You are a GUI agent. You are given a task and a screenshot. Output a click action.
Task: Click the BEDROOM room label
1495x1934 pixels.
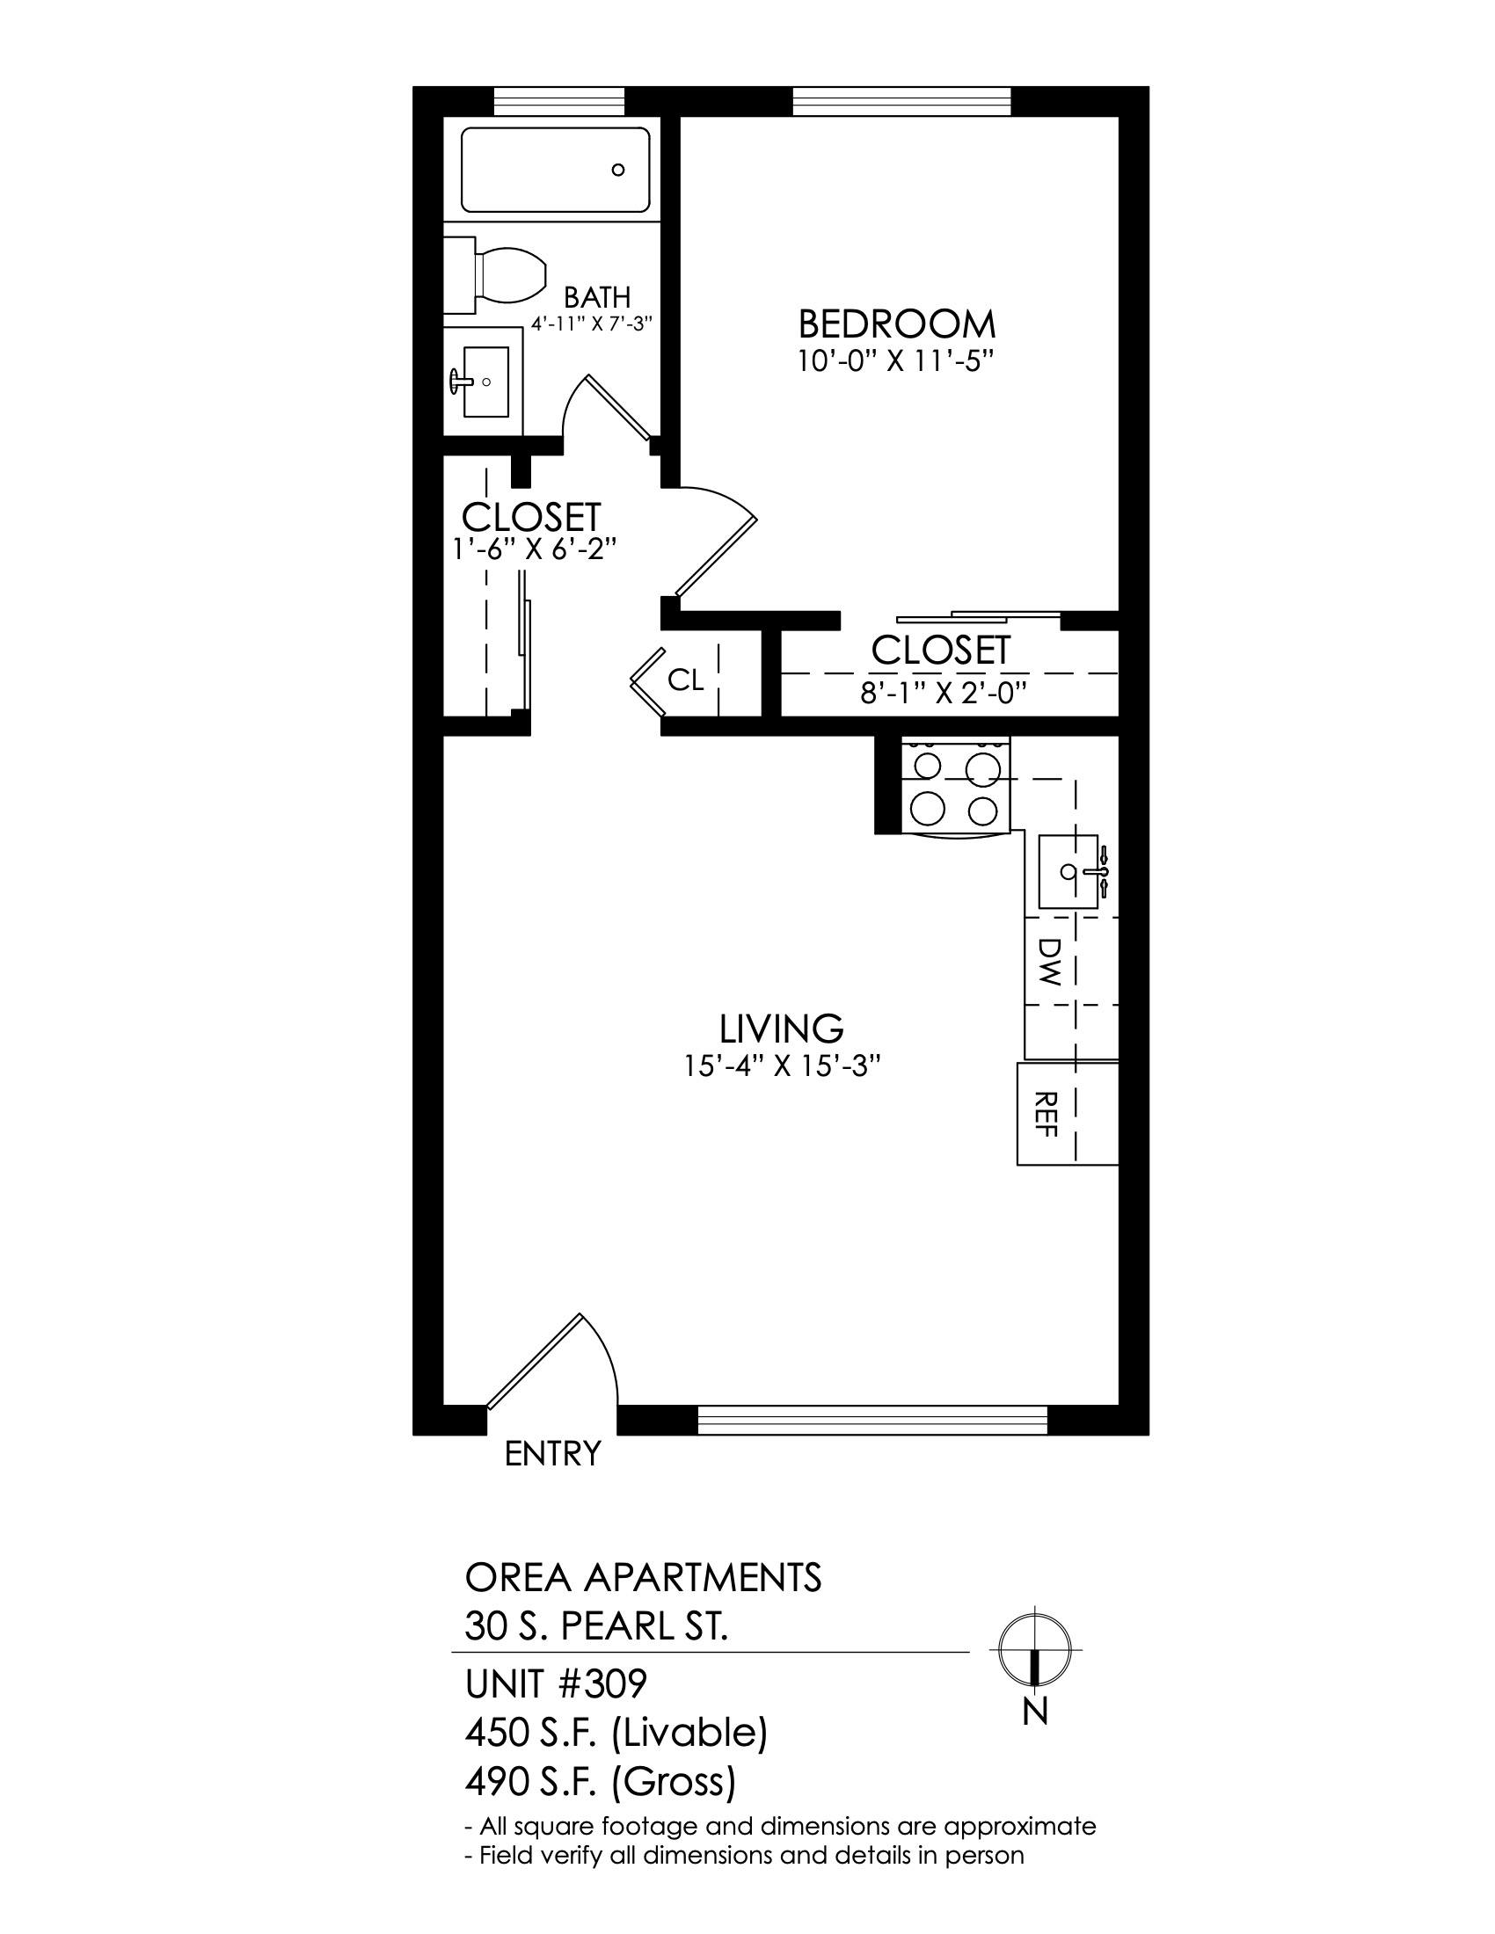896,324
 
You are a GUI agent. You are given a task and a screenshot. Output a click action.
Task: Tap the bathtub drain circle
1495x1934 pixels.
618,170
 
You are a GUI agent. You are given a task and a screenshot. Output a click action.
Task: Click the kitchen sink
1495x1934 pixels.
1070,871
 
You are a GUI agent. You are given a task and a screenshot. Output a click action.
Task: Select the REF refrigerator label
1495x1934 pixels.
1046,1113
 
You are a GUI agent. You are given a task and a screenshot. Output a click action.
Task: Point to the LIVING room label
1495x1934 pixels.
781,1029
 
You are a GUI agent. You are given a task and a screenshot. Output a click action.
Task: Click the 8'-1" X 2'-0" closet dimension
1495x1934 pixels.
944,692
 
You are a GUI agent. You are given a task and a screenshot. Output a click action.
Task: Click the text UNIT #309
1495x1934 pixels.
556,1683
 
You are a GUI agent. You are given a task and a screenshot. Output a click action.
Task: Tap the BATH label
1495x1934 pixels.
597,296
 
